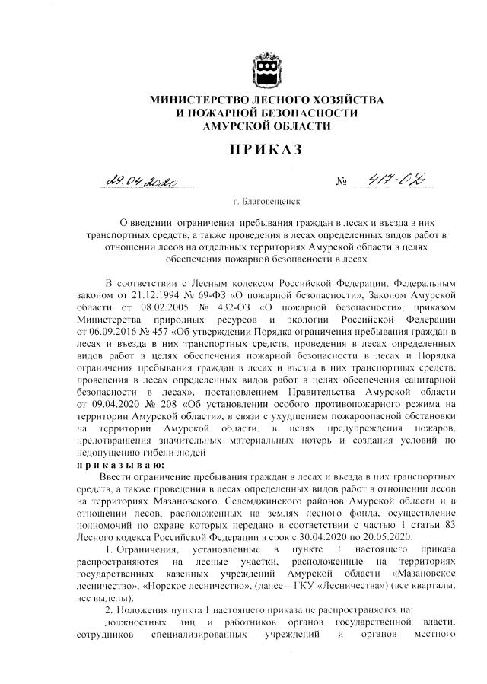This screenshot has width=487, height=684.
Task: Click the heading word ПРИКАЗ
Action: click(266, 150)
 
